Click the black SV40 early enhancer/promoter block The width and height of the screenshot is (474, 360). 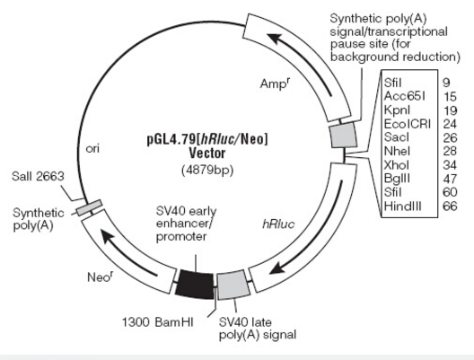(195, 285)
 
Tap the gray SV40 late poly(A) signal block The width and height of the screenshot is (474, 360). (233, 285)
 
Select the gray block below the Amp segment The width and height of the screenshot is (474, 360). (344, 136)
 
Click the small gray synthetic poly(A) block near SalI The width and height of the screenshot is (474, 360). (89, 207)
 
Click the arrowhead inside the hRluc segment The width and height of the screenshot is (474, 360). (276, 268)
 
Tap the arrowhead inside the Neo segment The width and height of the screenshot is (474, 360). (107, 236)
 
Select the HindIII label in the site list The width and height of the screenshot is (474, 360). (403, 206)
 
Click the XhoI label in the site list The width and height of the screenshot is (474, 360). (396, 165)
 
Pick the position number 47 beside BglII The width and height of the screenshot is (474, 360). (450, 179)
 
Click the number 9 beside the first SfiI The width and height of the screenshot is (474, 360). (446, 83)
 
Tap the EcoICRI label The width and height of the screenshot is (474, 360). (408, 124)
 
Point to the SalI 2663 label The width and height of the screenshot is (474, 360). (38, 176)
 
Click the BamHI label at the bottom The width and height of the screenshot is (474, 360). (174, 322)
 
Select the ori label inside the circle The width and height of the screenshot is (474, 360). (92, 149)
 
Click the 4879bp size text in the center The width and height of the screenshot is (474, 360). (207, 170)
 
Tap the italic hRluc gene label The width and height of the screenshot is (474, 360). (278, 224)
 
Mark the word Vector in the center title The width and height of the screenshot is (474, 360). (207, 154)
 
